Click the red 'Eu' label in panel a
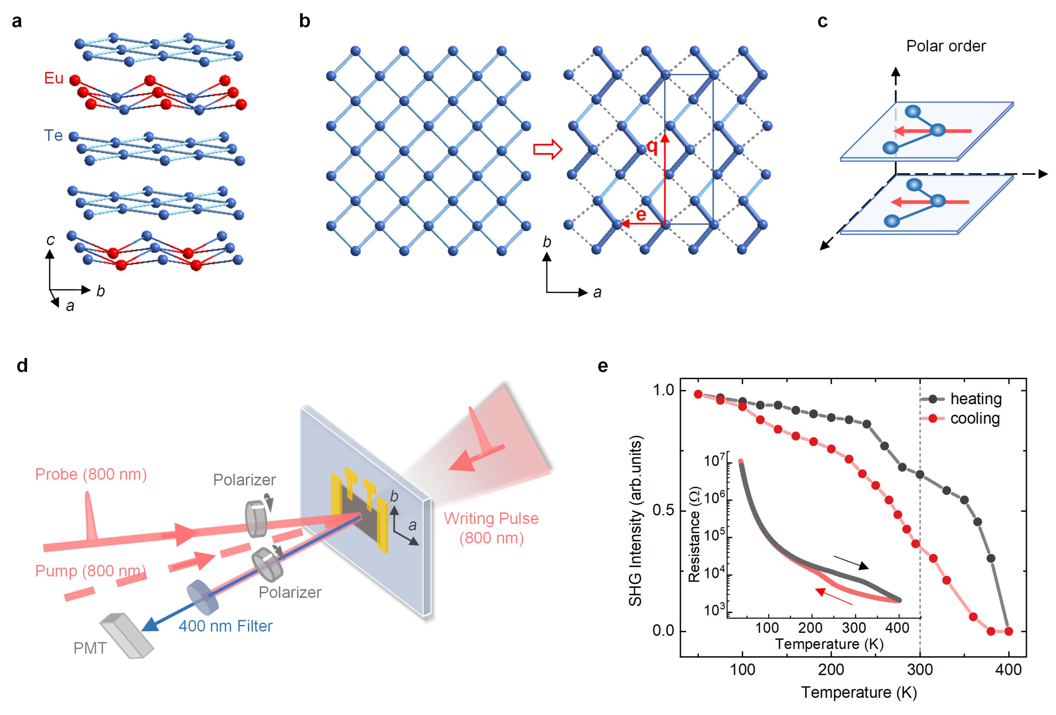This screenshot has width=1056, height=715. click(x=54, y=78)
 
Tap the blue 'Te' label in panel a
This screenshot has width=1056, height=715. click(x=53, y=135)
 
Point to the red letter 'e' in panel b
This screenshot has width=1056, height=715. click(x=641, y=214)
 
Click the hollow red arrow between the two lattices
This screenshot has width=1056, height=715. click(x=548, y=150)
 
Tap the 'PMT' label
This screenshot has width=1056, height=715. click(x=90, y=648)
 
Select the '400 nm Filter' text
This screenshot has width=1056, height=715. click(x=225, y=626)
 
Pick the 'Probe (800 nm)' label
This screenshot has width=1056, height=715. click(x=91, y=474)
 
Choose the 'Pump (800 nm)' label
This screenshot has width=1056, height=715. click(x=90, y=570)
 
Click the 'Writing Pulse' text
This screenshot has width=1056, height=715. click(x=491, y=518)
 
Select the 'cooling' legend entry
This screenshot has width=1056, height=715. click(x=975, y=418)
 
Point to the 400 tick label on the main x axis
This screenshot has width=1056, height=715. click(x=1008, y=670)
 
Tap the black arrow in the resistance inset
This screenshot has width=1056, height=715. click(x=851, y=562)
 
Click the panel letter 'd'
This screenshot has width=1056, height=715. click(x=22, y=366)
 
